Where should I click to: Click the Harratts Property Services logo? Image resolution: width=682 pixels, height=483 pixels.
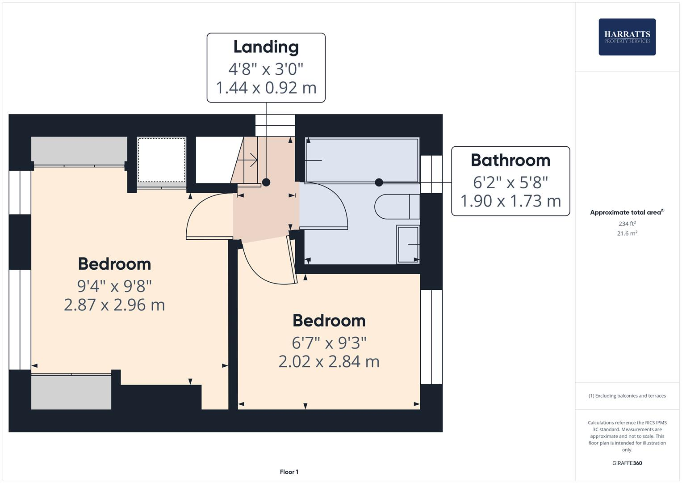point(627,37)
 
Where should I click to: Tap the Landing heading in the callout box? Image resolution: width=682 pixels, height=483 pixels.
point(266,47)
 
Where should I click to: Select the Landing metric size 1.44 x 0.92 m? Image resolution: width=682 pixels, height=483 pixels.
point(266,88)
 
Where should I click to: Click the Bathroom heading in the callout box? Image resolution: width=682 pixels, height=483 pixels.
point(510,160)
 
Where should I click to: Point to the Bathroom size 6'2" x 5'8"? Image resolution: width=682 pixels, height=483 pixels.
point(510,182)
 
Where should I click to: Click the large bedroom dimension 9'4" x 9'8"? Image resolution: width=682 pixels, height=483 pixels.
point(114,285)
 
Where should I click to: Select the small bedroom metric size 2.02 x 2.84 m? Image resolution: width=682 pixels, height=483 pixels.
point(329,361)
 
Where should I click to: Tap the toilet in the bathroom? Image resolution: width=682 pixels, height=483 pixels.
point(395,207)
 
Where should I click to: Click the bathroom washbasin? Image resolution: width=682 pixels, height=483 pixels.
point(408,245)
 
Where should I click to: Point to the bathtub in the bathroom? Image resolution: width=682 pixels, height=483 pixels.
point(362,160)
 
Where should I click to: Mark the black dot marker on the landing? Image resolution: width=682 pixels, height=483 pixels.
point(266,182)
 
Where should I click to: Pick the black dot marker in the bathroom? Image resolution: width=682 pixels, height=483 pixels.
point(379,182)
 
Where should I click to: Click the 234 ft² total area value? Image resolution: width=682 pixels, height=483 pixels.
point(627,224)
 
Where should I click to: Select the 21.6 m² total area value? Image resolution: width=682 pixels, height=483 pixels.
point(627,233)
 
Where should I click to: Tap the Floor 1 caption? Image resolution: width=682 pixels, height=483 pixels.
point(289,472)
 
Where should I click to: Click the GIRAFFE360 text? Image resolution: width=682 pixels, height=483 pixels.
point(627,463)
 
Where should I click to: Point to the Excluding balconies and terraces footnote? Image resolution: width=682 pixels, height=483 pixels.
point(627,396)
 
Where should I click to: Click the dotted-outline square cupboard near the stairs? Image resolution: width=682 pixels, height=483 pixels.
point(161,160)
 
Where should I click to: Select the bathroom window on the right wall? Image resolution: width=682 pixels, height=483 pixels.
point(431,174)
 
